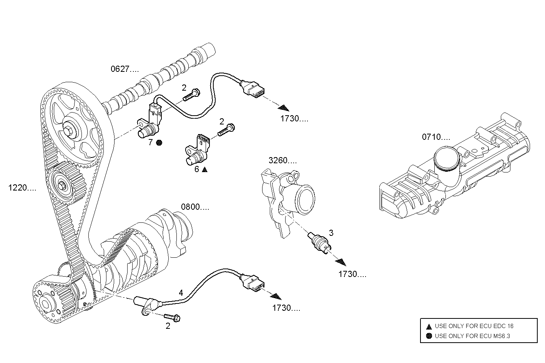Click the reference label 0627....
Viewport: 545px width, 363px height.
(124, 70)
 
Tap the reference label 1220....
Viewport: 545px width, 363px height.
(22, 188)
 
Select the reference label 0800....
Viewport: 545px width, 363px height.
(195, 207)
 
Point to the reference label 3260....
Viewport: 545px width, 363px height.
(282, 161)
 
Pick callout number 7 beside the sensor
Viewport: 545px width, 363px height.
(151, 143)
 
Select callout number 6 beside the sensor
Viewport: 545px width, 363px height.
(197, 169)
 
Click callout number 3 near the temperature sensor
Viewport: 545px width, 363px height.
(331, 233)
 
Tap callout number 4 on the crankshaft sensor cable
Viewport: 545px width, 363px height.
(181, 293)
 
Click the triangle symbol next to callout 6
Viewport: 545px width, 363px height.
(205, 169)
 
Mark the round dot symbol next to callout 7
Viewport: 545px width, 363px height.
(159, 143)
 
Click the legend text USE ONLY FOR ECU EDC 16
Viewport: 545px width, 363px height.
(474, 326)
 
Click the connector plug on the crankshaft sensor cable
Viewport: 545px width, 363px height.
(253, 282)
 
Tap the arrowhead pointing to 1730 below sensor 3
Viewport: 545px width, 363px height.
(341, 262)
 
